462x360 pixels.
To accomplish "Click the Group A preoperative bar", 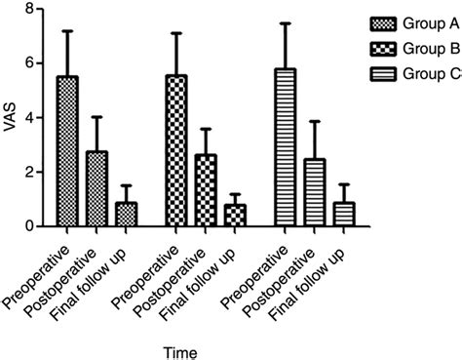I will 67,151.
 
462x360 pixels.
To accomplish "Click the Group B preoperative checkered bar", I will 176,151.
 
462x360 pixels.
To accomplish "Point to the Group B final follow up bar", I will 233,216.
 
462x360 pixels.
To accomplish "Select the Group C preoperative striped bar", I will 286,147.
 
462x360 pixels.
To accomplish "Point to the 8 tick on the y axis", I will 43,9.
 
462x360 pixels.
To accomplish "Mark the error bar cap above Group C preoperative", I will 286,23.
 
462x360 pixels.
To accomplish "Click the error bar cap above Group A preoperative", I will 67,31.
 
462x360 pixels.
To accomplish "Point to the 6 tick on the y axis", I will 43,63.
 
